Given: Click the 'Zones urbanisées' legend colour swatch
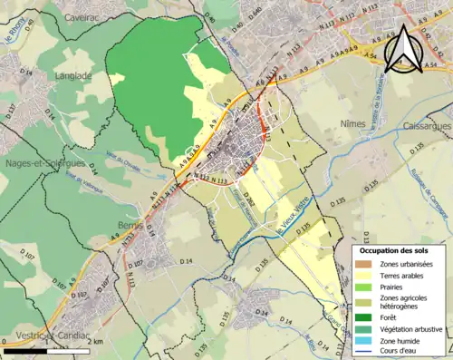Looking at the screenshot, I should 363,263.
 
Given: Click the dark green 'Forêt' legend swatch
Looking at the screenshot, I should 363,317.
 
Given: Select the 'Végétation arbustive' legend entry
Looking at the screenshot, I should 411,328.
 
